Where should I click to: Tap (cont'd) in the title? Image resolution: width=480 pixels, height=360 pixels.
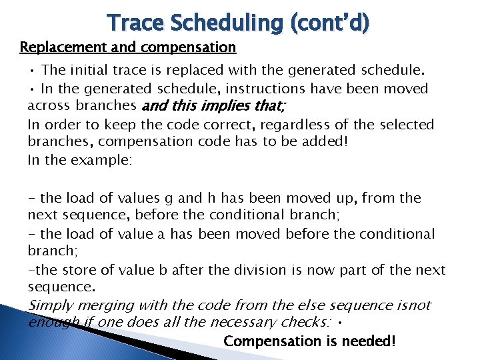coord(331,23)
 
